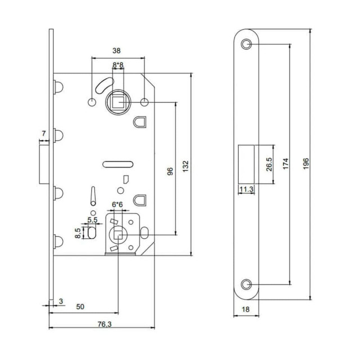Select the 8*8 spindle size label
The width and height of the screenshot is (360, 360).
click(118, 66)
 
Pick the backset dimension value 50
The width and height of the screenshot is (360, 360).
click(80, 307)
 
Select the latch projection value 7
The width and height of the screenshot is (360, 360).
click(44, 133)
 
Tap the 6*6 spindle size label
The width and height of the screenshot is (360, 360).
click(118, 204)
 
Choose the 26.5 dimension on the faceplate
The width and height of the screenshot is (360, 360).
click(269, 164)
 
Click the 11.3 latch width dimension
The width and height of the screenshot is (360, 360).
click(245, 190)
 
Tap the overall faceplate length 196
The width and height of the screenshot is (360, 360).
click(305, 163)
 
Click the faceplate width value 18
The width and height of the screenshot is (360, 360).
click(246, 309)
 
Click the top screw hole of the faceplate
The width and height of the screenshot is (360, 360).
click(246, 44)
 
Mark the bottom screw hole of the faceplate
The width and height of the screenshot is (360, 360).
click(246, 283)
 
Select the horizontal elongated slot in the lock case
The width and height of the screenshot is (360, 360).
click(117, 164)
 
